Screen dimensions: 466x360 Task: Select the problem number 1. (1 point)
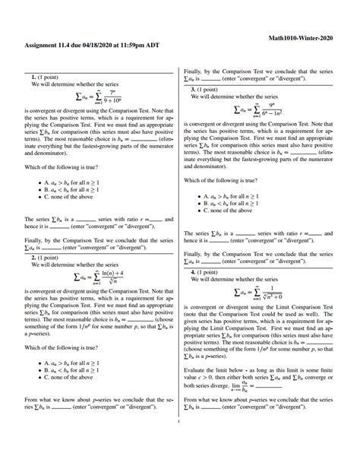pos(46,78)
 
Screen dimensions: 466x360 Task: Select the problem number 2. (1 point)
pos(46,258)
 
